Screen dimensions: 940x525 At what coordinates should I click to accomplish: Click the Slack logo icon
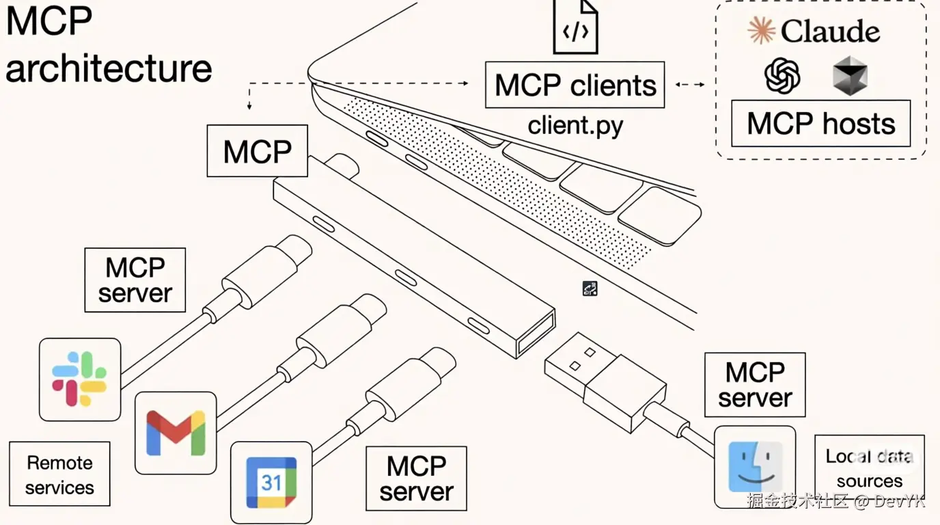point(79,379)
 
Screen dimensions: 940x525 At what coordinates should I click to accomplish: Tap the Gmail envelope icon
point(176,433)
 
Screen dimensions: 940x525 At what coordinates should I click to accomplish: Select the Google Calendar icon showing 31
point(271,483)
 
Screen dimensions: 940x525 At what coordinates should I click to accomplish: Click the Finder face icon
point(755,467)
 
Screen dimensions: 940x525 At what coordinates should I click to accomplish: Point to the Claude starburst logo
point(761,30)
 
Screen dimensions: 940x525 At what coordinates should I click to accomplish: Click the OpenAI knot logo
point(782,76)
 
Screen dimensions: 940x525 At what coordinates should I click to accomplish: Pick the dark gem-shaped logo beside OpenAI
point(850,76)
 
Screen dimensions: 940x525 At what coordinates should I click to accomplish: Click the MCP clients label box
point(575,85)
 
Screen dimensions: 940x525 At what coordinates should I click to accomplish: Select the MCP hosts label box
point(821,124)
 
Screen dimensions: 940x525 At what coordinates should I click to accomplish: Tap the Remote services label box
point(59,474)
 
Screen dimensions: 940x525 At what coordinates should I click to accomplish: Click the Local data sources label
point(870,468)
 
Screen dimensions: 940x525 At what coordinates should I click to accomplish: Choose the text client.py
point(575,126)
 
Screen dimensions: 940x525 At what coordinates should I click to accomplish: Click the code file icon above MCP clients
point(576,27)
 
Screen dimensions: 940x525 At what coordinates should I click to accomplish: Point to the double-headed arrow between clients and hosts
point(690,84)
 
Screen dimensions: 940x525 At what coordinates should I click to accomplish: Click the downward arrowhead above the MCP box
point(249,106)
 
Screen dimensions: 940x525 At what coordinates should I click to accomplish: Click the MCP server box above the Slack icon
point(135,280)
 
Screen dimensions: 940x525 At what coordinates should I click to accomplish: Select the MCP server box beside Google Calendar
point(416,479)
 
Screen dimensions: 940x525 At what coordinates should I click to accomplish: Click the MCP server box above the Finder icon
point(755,385)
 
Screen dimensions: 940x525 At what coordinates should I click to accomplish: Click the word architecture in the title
point(109,69)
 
